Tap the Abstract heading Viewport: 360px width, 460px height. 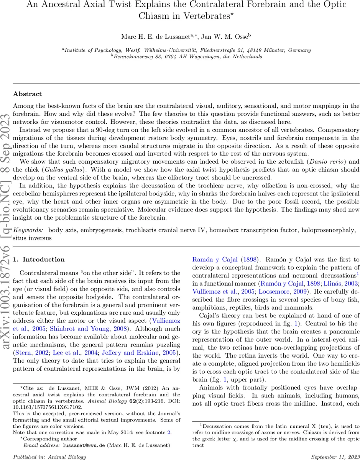[x=27, y=94]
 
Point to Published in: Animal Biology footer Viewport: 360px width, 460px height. [x=50, y=457]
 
